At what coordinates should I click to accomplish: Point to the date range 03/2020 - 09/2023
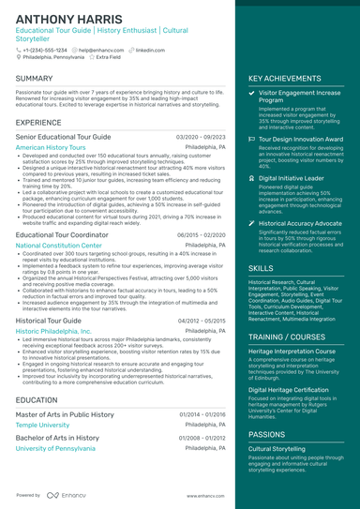coord(200,136)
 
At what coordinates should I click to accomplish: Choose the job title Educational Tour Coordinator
coord(61,234)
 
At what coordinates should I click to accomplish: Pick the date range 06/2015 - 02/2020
coord(200,234)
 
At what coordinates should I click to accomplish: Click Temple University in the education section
coord(43,425)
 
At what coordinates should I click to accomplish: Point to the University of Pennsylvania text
coord(55,448)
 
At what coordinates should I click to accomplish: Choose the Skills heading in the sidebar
coord(262,267)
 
